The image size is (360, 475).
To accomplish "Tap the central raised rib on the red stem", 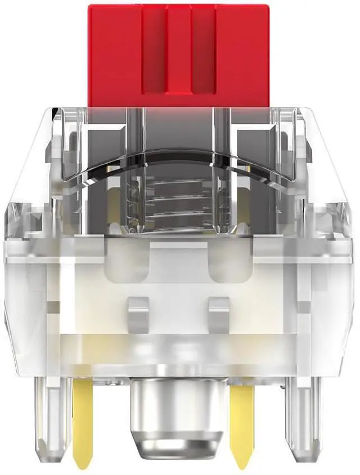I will click(180, 51).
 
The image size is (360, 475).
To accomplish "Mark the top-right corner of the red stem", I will click(272, 6).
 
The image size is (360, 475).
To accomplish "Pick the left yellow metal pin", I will click(84, 416).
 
